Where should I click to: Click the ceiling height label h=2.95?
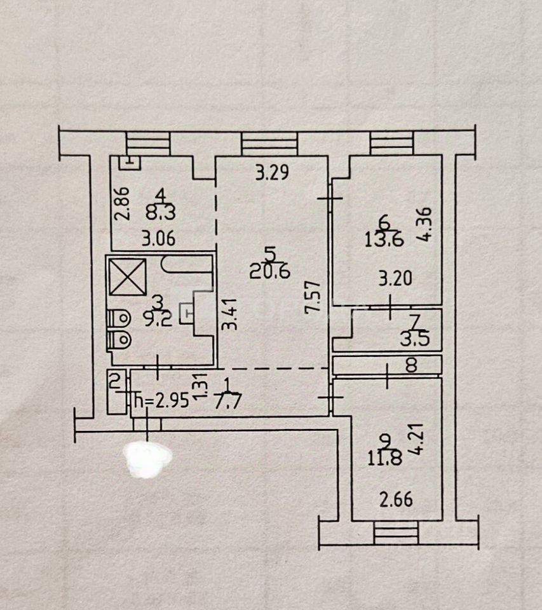[x=162, y=402]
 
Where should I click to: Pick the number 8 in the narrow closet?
[x=411, y=365]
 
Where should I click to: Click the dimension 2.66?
[x=396, y=499]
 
